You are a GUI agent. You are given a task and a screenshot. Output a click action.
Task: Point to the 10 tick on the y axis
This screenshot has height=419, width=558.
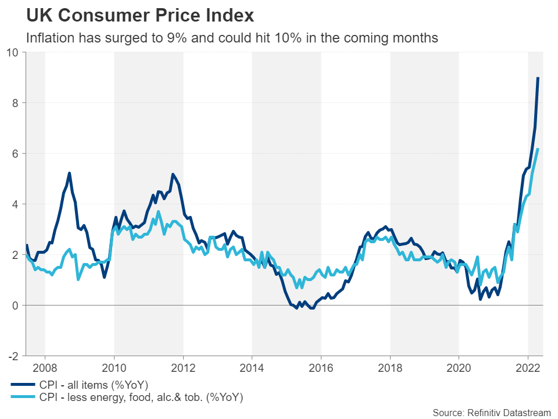(12, 52)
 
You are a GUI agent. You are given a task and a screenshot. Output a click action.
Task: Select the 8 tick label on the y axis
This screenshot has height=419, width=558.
(15, 103)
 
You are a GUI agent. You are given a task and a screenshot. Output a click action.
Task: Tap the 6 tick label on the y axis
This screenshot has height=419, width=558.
(15, 154)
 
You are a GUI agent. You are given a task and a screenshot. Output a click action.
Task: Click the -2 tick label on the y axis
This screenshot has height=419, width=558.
(12, 356)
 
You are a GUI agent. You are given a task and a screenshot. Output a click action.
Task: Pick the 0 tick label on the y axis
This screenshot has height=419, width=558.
(15, 305)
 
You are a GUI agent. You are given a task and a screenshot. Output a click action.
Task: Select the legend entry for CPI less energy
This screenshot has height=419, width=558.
(139, 397)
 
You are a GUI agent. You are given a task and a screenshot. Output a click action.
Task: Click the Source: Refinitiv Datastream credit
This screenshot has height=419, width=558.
(491, 413)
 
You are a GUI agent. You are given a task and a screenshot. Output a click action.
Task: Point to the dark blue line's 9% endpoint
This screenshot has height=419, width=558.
(538, 78)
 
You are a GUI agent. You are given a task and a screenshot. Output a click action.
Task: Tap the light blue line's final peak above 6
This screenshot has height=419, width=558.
(538, 149)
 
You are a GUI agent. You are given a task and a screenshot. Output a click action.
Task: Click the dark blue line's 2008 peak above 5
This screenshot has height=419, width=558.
(69, 173)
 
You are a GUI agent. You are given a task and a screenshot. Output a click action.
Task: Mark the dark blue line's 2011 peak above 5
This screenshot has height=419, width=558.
(173, 174)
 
